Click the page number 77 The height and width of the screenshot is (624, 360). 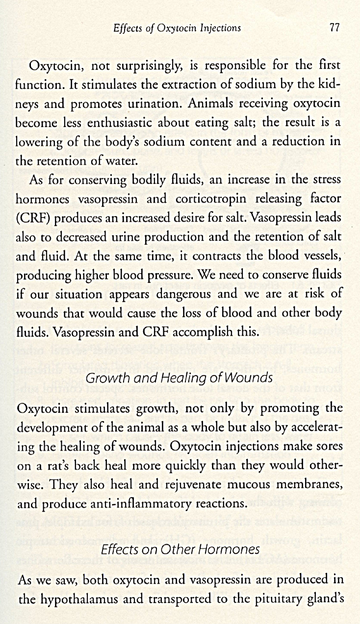point(335,27)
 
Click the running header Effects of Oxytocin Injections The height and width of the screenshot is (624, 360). point(177,28)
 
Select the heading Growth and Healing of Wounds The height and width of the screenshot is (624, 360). point(179,377)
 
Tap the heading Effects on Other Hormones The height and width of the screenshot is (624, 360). point(180,549)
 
